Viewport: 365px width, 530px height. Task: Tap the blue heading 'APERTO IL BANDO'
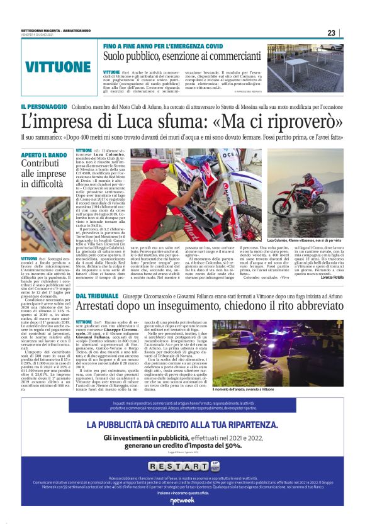click(x=44, y=154)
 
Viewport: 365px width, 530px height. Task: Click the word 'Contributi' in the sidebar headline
click(x=42, y=166)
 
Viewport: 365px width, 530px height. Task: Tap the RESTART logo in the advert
click(x=182, y=466)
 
